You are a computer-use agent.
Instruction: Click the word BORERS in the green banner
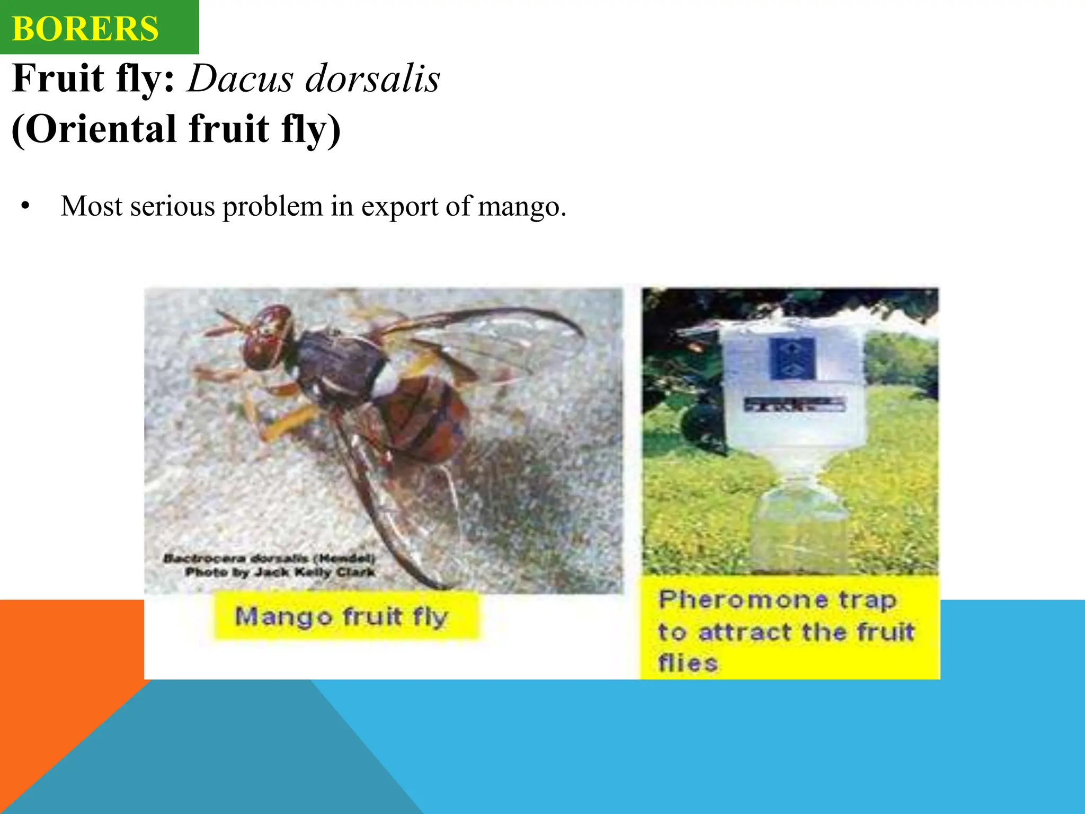pyautogui.click(x=85, y=29)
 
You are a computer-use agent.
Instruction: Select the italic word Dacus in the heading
pyautogui.click(x=240, y=79)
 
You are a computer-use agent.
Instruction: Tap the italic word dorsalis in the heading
pyautogui.click(x=373, y=79)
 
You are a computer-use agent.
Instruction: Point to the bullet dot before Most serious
pyautogui.click(x=25, y=206)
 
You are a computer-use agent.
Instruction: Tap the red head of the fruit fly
pyautogui.click(x=268, y=338)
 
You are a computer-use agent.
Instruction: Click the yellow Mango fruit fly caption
pyautogui.click(x=342, y=617)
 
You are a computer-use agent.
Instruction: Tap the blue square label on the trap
pyautogui.click(x=792, y=358)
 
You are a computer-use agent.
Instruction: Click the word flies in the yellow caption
pyautogui.click(x=688, y=663)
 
